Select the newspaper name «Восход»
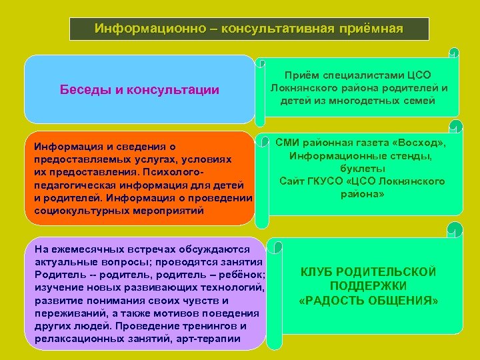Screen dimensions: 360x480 point(419,143)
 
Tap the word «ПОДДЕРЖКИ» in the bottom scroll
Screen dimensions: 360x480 point(369,286)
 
